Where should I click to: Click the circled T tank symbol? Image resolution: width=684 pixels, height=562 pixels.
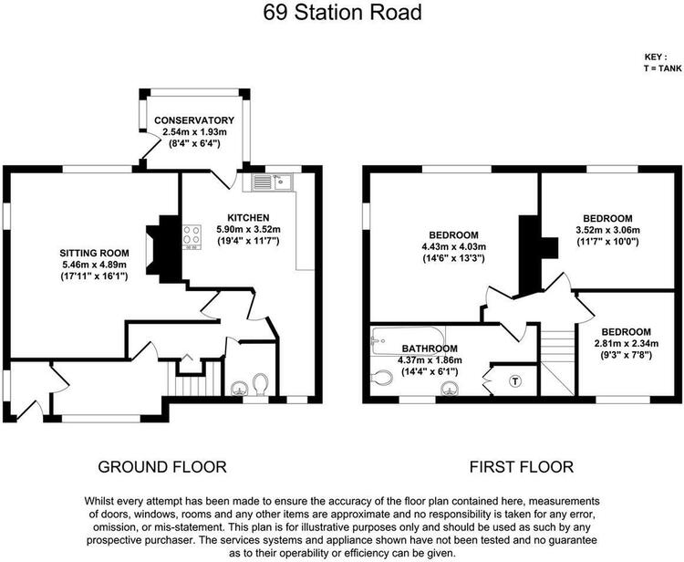[x=515, y=381]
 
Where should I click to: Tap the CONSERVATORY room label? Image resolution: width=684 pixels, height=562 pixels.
[x=194, y=120]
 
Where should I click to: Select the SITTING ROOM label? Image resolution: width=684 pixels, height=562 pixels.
[x=94, y=253]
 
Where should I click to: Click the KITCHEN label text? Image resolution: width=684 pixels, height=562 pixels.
[x=249, y=217]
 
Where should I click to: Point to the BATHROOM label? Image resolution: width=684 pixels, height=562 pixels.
[x=430, y=349]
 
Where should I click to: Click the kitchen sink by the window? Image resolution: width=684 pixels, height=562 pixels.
[x=273, y=182]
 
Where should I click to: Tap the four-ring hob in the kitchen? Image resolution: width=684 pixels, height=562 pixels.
[x=192, y=237]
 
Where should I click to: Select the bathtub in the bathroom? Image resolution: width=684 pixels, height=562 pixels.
[x=408, y=341]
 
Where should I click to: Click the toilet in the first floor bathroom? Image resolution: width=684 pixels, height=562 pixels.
[x=381, y=378]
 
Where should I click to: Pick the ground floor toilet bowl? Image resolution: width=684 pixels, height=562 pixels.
[x=261, y=384]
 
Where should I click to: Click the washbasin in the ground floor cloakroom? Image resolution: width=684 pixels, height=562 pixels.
[x=239, y=388]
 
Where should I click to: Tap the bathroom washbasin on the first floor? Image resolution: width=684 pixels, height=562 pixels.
[x=451, y=388]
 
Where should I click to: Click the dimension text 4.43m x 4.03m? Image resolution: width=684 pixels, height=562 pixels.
[x=453, y=246]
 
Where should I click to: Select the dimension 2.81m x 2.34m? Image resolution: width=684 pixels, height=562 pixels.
[x=627, y=343]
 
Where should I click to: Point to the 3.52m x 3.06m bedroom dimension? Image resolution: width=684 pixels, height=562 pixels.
[x=607, y=230]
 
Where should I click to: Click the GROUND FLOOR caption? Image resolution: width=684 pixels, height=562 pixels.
[x=162, y=467]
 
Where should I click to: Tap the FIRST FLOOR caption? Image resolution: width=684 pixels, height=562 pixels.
[x=522, y=467]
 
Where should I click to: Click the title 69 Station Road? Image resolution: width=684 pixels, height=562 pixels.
[x=342, y=12]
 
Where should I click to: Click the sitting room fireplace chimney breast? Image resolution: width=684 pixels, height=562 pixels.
[x=163, y=250]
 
